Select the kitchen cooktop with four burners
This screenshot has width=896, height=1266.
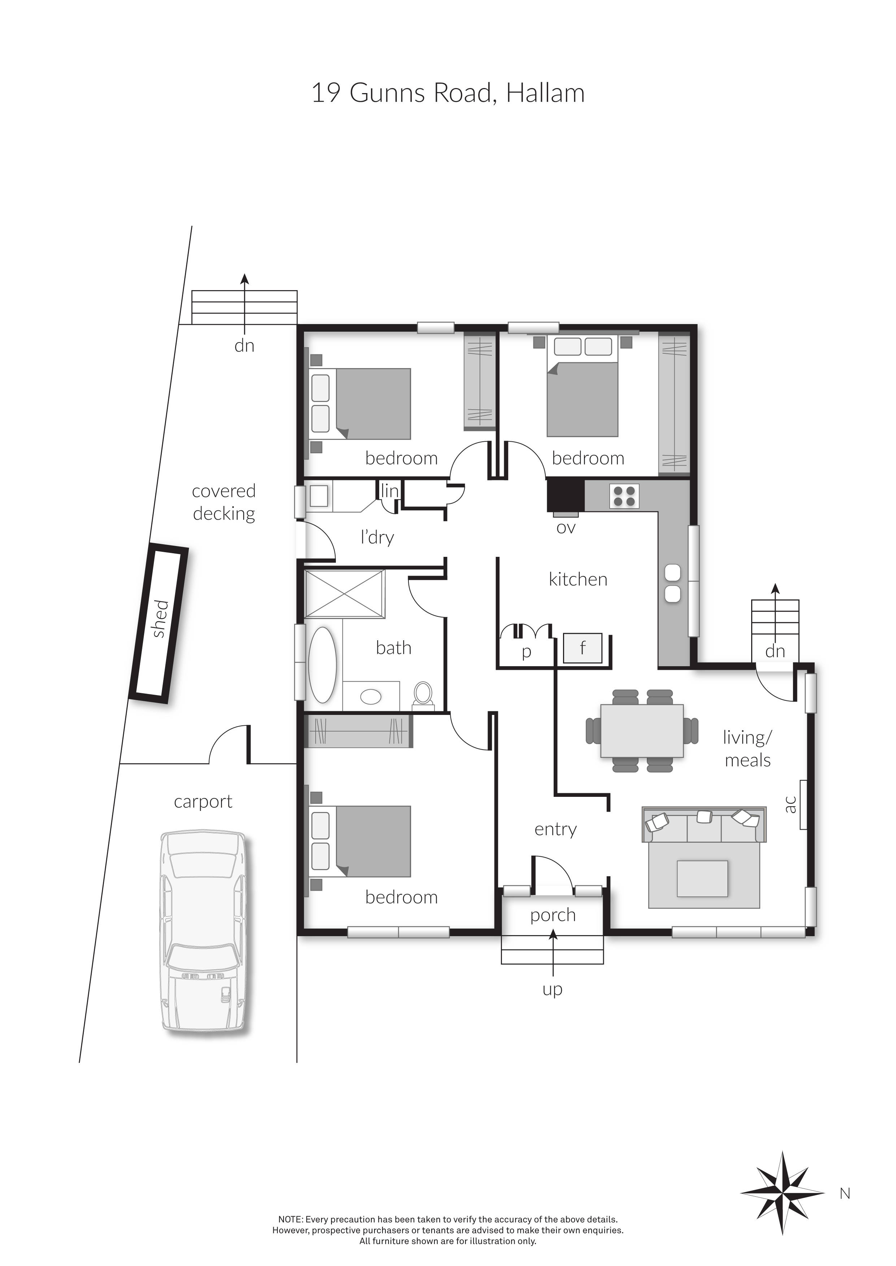(x=624, y=495)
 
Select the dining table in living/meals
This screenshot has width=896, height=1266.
(x=642, y=730)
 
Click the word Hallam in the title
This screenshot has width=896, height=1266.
(x=545, y=93)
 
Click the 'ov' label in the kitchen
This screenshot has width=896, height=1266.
(x=566, y=528)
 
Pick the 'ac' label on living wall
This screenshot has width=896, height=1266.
(x=790, y=804)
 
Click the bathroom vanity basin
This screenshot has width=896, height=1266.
(x=371, y=697)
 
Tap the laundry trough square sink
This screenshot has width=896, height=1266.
(x=318, y=496)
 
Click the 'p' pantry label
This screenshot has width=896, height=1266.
(x=526, y=652)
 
